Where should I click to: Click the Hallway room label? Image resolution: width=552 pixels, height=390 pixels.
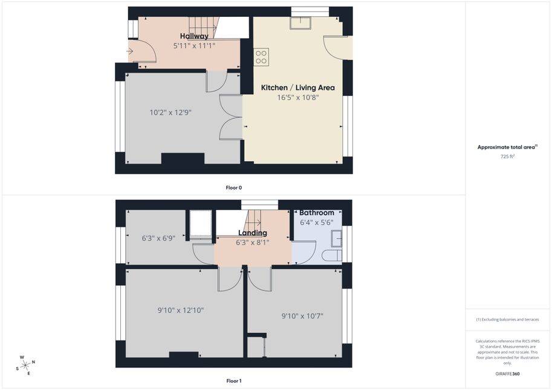click(x=194, y=36)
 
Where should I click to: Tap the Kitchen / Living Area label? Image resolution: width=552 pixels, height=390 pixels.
click(x=298, y=88)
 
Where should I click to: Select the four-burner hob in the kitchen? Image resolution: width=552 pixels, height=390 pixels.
click(x=261, y=57)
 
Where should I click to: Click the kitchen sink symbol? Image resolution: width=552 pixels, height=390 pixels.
click(x=300, y=23)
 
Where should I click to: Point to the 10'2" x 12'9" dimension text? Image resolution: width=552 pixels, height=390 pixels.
click(x=170, y=112)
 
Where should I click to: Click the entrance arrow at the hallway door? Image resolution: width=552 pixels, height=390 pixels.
click(x=129, y=52)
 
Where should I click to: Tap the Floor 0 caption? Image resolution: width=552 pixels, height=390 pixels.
click(x=234, y=188)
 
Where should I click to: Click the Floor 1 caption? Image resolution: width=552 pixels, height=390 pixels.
click(x=234, y=381)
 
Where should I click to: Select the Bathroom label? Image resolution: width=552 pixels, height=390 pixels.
click(x=316, y=213)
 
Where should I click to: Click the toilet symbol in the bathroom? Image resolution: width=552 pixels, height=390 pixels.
click(x=332, y=255)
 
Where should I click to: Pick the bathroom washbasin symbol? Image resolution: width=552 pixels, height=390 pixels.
click(x=336, y=238)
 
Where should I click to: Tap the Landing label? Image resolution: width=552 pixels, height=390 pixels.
click(x=252, y=233)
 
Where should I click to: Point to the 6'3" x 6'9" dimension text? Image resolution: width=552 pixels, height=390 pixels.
click(x=158, y=238)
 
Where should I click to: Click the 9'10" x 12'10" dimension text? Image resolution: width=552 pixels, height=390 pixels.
click(x=181, y=310)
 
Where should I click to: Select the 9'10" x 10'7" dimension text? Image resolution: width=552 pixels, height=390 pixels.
click(x=302, y=316)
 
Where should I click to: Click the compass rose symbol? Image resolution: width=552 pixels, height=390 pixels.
click(x=25, y=366)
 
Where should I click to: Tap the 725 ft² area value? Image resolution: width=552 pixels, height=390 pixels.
click(x=507, y=156)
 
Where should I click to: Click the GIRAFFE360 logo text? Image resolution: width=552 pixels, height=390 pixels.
click(x=507, y=374)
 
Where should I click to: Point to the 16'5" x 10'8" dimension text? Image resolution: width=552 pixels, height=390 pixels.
click(x=298, y=97)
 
